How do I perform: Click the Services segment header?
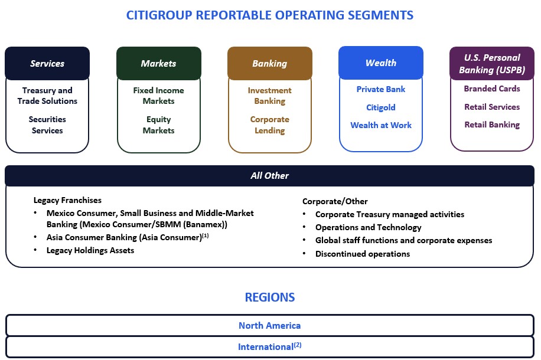[x=47, y=63]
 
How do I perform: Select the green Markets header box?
[x=158, y=63]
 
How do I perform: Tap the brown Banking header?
[x=269, y=63]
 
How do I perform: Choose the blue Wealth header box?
[x=380, y=63]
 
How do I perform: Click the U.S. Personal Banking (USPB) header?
[x=492, y=63]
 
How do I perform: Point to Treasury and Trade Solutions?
[x=47, y=96]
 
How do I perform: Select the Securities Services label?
[x=47, y=125]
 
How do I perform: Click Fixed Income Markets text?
[x=158, y=96]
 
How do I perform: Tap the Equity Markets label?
[x=158, y=125]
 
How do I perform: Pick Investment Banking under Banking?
[x=269, y=96]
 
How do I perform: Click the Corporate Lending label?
[x=269, y=125]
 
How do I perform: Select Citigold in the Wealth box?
[x=380, y=107]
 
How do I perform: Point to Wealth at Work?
[x=380, y=125]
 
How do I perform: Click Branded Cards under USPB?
[x=492, y=89]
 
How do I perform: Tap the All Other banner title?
[x=269, y=175]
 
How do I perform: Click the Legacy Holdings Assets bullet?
[x=90, y=250]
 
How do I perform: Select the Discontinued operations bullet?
[x=362, y=254]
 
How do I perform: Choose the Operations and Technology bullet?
[x=368, y=227]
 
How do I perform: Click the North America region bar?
[x=269, y=325]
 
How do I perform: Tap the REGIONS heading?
[x=269, y=297]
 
